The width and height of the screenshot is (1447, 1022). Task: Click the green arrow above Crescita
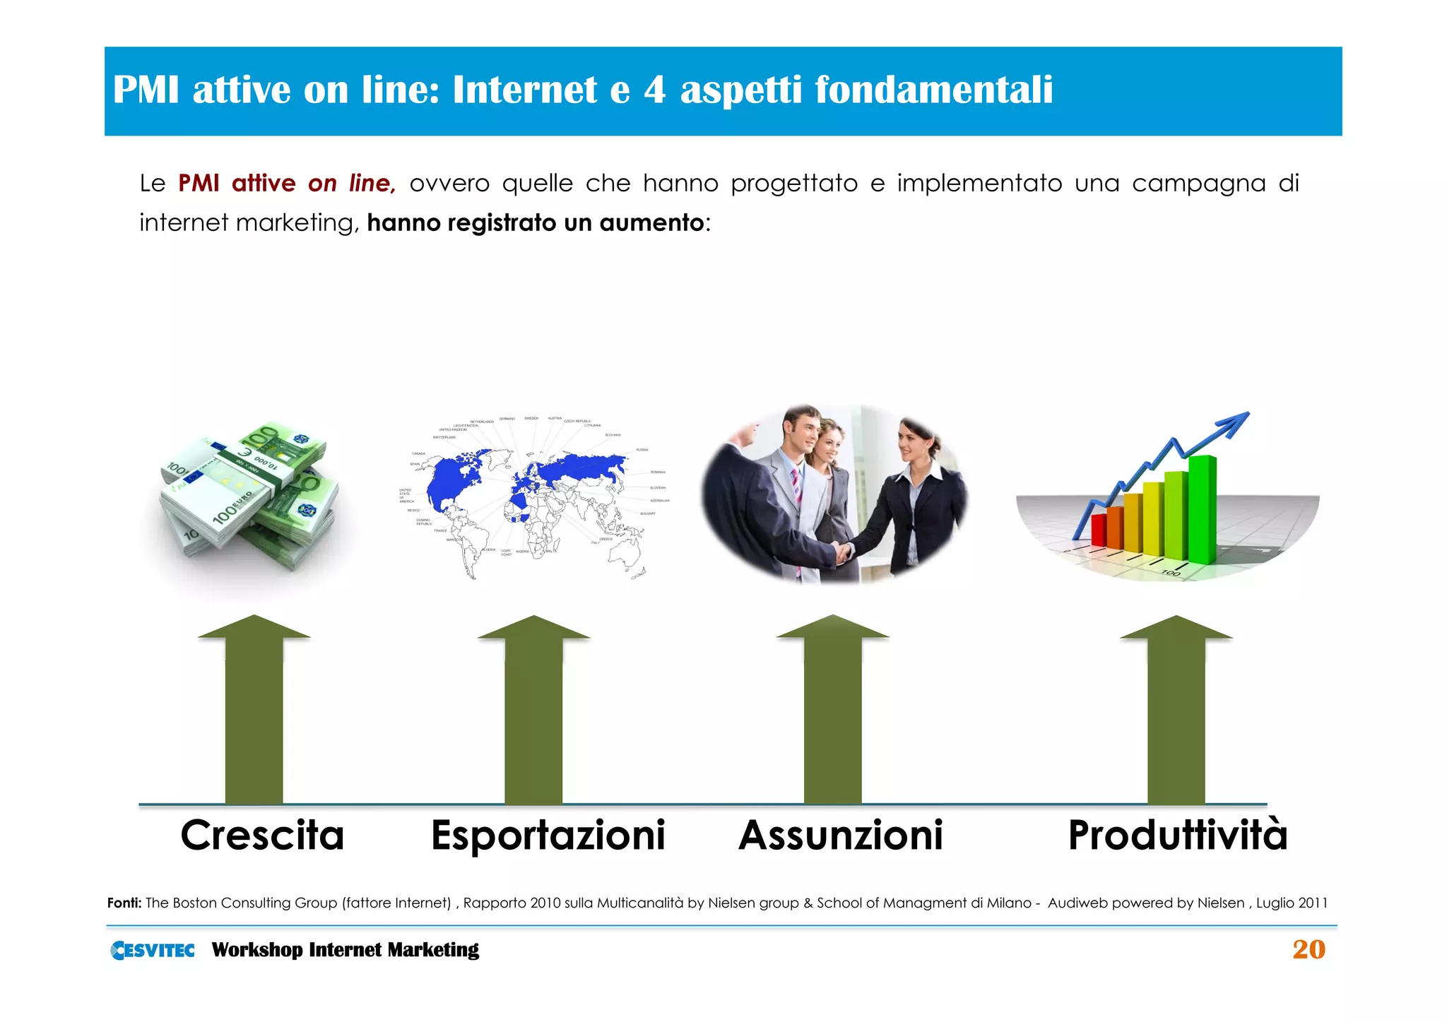pos(254,713)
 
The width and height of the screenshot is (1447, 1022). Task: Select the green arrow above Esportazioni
pos(533,713)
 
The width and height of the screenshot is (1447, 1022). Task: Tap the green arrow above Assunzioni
pos(832,713)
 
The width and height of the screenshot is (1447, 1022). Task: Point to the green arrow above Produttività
pos(1176,713)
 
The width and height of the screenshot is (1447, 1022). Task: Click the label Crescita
pos(262,836)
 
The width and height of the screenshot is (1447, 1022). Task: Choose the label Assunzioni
pos(841,836)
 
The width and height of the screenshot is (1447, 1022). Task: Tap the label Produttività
pos(1178,836)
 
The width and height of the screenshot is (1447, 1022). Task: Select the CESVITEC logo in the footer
pos(153,951)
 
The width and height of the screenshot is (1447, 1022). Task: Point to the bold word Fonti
pos(124,903)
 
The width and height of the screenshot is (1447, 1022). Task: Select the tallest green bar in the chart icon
pos(1202,509)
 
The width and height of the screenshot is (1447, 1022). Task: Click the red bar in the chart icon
pos(1098,530)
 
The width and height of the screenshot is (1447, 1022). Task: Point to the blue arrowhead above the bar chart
pos(1235,422)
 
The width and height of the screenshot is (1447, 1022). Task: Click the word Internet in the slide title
pos(524,90)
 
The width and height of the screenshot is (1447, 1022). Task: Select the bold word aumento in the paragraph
pos(651,223)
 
